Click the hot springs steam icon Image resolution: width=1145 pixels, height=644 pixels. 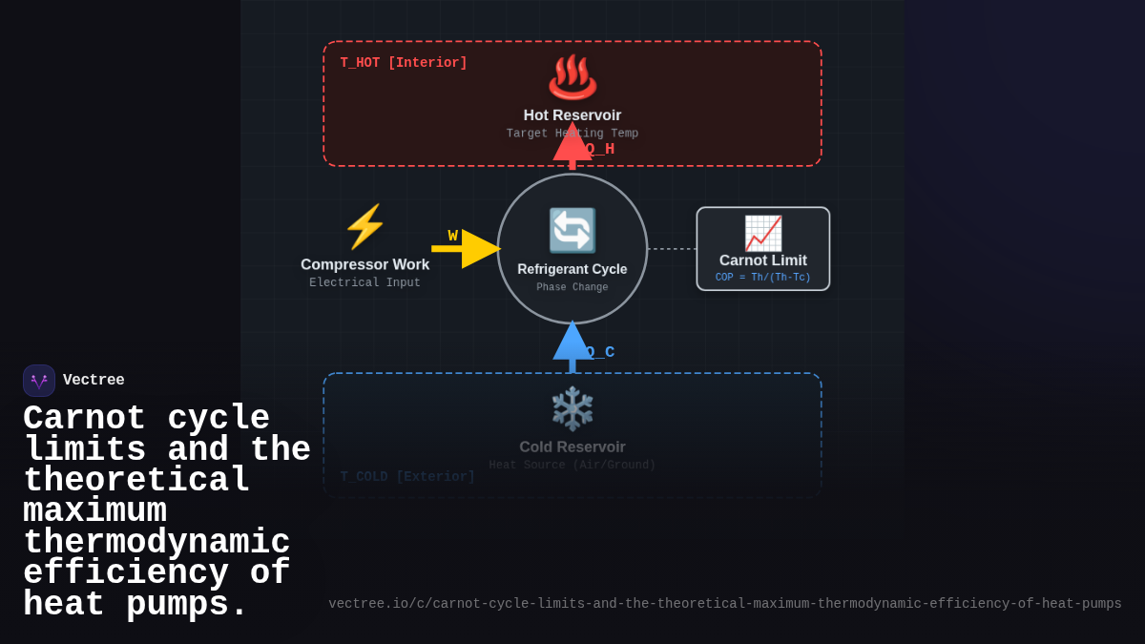pos(572,77)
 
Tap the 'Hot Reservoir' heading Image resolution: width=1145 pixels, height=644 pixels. pos(572,115)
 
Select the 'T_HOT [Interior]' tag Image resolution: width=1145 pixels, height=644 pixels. pos(404,63)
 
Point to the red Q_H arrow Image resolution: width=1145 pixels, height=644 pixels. pos(572,144)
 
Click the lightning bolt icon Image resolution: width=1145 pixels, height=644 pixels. pos(364,227)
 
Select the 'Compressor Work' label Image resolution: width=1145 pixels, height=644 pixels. pos(364,264)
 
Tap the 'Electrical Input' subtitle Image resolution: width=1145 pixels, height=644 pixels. pos(364,283)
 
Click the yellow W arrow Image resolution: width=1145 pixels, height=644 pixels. pos(468,249)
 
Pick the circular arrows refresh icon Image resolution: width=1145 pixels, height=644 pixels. pos(572,231)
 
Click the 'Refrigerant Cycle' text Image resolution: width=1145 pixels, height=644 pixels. pos(572,269)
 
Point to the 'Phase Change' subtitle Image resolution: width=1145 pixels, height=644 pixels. pos(572,287)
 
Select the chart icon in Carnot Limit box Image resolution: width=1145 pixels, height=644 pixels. pos(762,233)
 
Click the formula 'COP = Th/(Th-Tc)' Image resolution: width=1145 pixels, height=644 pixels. pos(762,278)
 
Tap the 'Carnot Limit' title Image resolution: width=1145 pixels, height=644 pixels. pos(762,260)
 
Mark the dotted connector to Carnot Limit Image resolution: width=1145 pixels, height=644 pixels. pos(672,249)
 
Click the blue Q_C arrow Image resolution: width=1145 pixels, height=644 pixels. pos(572,345)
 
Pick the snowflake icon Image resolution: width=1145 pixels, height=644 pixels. pos(572,408)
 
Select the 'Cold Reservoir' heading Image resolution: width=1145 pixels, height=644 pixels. pos(572,447)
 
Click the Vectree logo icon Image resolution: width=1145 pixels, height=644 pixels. pos(39,381)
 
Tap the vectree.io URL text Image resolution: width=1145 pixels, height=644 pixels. pos(725,604)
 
